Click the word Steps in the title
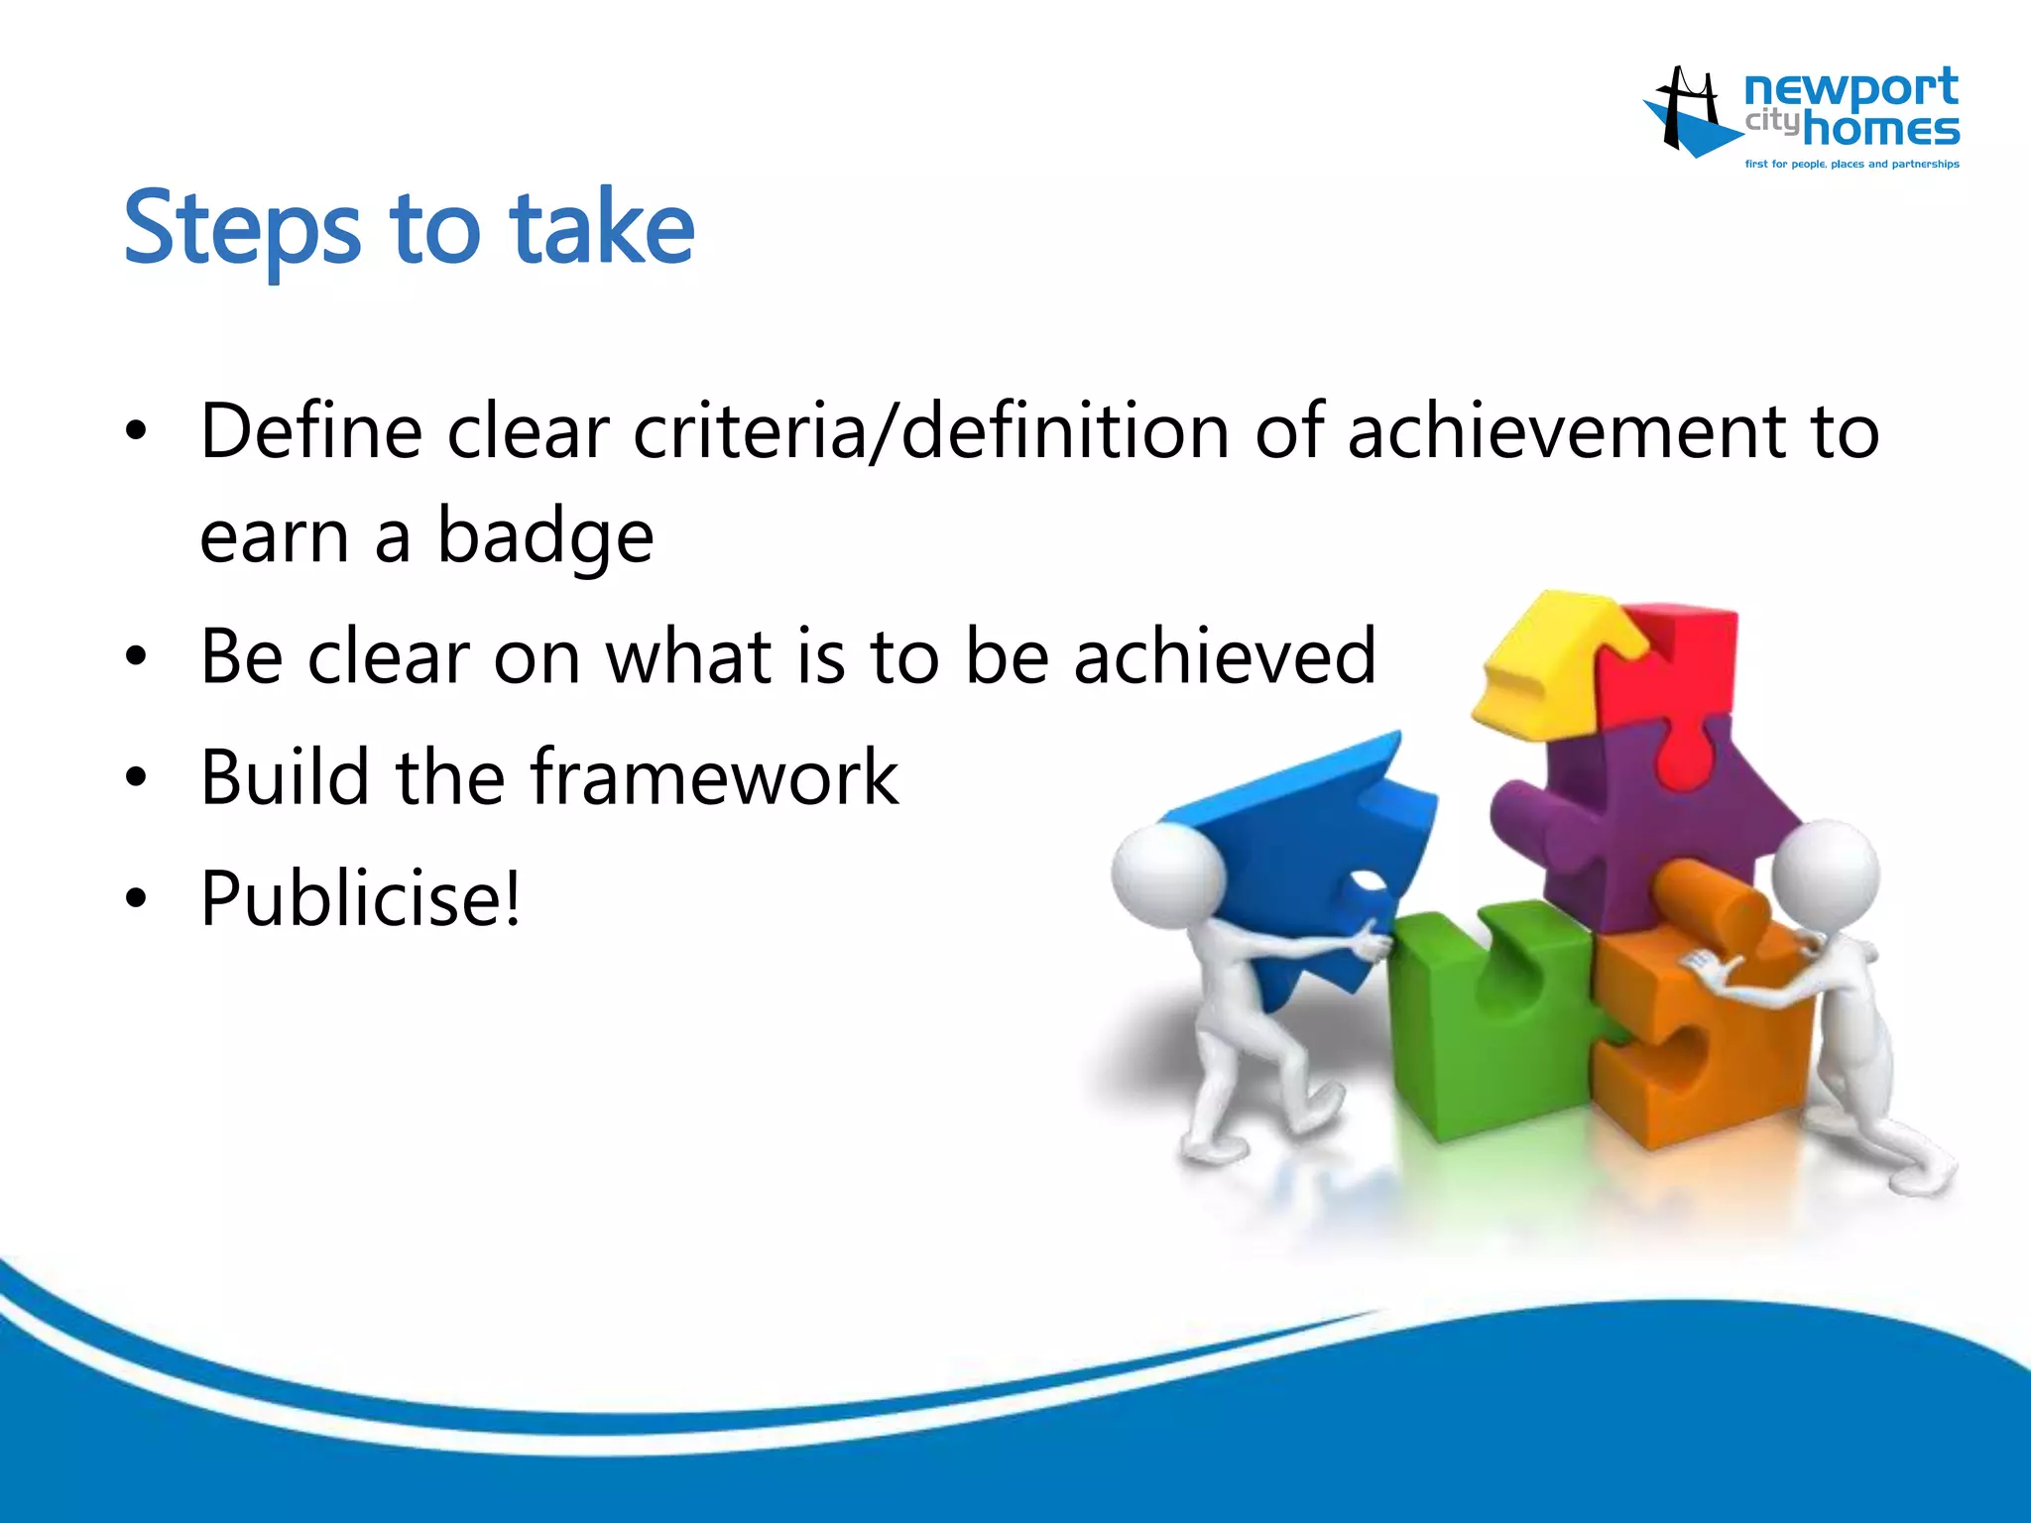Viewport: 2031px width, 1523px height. click(241, 230)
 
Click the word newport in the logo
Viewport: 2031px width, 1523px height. click(1851, 89)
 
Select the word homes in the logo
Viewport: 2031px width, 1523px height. click(1880, 130)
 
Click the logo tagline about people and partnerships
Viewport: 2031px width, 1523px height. click(1852, 165)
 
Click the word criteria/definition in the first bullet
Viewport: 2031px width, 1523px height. click(931, 432)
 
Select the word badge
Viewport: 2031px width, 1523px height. click(545, 537)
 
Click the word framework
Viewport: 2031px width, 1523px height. click(714, 777)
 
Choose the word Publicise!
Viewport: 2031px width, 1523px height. click(360, 898)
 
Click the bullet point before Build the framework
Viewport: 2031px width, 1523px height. click(136, 778)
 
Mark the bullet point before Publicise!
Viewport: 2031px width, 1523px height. click(136, 899)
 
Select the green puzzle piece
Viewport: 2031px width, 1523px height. click(1488, 1021)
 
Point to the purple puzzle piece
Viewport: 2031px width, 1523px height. click(1636, 823)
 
